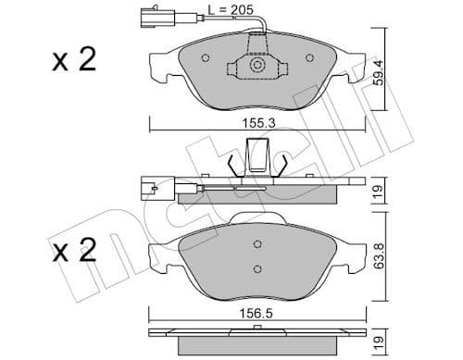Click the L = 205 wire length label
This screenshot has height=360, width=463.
tap(228, 9)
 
